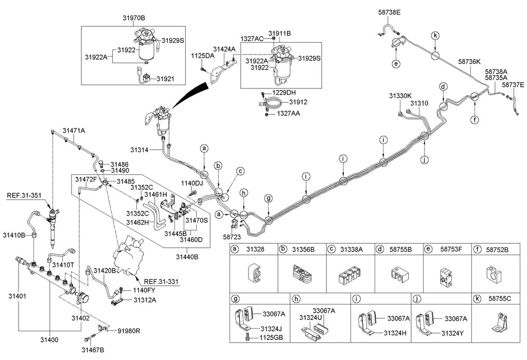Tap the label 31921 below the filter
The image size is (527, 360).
tap(166, 79)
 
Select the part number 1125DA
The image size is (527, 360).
tap(202, 55)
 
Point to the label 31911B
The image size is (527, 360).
tap(280, 33)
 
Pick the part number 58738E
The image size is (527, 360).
tap(389, 11)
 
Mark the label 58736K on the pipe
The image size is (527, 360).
tap(469, 61)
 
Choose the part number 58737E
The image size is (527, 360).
tap(513, 85)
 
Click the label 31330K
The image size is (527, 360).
tap(400, 96)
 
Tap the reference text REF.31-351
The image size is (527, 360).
tap(23, 195)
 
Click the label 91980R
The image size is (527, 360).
tap(130, 331)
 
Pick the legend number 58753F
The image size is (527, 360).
tap(451, 249)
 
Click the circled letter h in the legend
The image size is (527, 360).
tap(295, 298)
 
